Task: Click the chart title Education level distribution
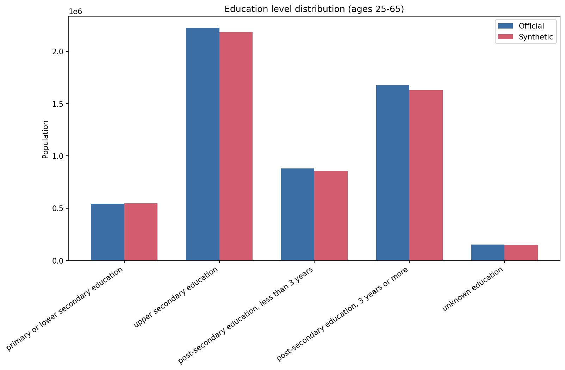314,9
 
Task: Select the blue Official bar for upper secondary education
203,144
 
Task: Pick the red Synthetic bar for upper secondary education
236,146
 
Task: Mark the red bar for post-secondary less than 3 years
331,216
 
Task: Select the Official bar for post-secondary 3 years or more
393,173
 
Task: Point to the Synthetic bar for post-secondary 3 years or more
426,175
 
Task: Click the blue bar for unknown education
488,252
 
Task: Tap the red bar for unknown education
521,253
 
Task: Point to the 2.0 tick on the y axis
58,52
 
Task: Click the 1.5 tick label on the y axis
58,104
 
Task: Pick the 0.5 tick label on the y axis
58,208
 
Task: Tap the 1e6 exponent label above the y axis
75,12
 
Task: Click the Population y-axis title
45,139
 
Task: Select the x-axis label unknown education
472,289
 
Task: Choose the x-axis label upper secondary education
176,298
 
